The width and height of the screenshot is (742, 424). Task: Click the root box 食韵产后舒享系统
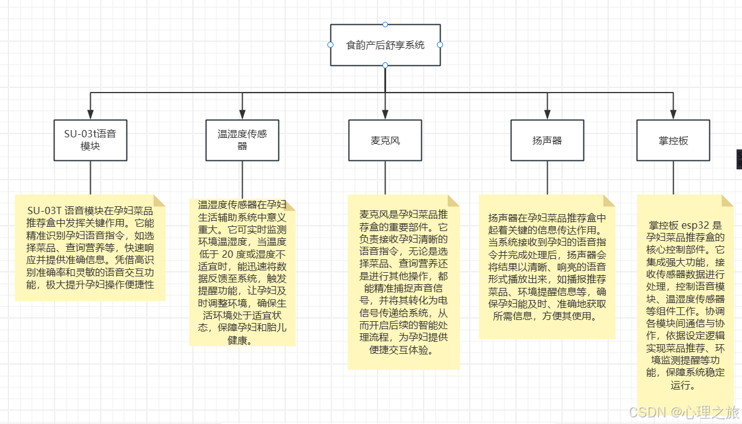point(385,45)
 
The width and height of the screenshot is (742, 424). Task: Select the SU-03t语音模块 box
point(90,140)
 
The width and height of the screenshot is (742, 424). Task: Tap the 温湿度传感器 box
point(242,140)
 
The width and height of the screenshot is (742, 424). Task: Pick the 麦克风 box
point(385,140)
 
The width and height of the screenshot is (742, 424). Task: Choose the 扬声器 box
point(547,140)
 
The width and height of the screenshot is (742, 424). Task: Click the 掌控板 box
point(673,140)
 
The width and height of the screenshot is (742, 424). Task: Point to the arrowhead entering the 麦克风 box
point(385,114)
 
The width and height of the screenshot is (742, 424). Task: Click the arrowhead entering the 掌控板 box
point(673,114)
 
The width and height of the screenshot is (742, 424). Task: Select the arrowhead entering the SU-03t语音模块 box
point(90,114)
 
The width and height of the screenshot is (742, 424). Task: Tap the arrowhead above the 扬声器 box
point(547,114)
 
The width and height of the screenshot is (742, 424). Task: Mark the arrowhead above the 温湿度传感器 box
point(242,114)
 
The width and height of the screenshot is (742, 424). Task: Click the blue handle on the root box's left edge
point(330,45)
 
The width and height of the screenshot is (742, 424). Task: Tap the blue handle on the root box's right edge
point(440,45)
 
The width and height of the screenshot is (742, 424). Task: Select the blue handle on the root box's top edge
point(385,24)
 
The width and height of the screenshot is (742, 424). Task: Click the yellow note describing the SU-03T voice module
point(90,248)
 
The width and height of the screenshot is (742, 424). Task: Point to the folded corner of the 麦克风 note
point(454,200)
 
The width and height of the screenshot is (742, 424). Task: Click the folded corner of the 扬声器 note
point(609,200)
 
